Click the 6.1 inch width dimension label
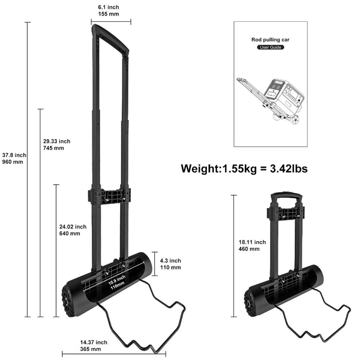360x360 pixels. [108, 10]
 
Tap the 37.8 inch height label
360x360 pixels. [14, 158]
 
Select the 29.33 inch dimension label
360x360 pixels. [57, 145]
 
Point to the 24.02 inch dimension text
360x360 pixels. [73, 230]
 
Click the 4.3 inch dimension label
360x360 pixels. [170, 264]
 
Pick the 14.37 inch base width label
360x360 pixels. [94, 346]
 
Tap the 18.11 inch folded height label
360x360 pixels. [252, 246]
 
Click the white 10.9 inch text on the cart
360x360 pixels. [117, 282]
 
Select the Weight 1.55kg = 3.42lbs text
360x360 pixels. [244, 168]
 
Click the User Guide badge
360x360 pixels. [270, 47]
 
